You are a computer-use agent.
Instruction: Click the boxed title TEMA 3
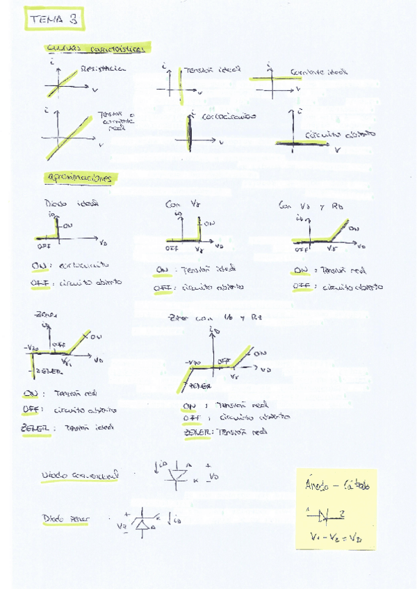(55, 20)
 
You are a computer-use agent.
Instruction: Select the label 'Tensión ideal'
(213, 69)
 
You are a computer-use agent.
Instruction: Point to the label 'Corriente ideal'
(319, 72)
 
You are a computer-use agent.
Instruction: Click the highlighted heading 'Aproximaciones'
(81, 178)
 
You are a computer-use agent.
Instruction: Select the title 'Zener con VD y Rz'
(215, 318)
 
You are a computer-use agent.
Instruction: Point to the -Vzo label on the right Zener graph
(192, 363)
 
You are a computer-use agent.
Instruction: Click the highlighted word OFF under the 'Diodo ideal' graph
(39, 283)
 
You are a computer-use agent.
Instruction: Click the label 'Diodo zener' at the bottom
(65, 519)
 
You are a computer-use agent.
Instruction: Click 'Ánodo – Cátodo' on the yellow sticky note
(338, 487)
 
